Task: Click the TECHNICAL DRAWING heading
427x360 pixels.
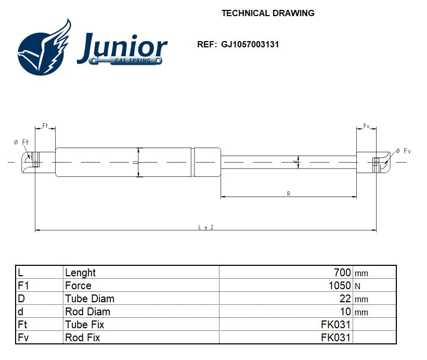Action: pyautogui.click(x=268, y=13)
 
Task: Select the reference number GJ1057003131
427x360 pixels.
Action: pyautogui.click(x=250, y=44)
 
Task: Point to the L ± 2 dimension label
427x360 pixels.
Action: pyautogui.click(x=206, y=227)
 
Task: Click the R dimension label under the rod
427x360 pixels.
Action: pyautogui.click(x=289, y=194)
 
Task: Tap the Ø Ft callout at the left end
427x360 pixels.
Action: pyautogui.click(x=21, y=143)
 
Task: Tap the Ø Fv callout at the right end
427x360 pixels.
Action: pyautogui.click(x=403, y=151)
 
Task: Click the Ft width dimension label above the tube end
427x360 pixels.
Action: pyautogui.click(x=45, y=126)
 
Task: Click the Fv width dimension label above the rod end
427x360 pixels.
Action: pyautogui.click(x=366, y=126)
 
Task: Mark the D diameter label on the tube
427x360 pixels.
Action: pyautogui.click(x=135, y=162)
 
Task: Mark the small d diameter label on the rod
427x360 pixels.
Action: pyautogui.click(x=295, y=162)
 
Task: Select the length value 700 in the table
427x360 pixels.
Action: pyautogui.click(x=342, y=273)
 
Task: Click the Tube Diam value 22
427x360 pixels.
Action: pyautogui.click(x=345, y=299)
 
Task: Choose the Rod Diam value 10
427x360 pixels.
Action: pyautogui.click(x=345, y=312)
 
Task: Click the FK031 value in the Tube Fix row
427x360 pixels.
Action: pyautogui.click(x=336, y=325)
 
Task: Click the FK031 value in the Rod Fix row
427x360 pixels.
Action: pyautogui.click(x=336, y=338)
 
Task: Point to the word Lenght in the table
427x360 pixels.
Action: pyautogui.click(x=81, y=273)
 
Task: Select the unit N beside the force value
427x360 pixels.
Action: pyautogui.click(x=357, y=286)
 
